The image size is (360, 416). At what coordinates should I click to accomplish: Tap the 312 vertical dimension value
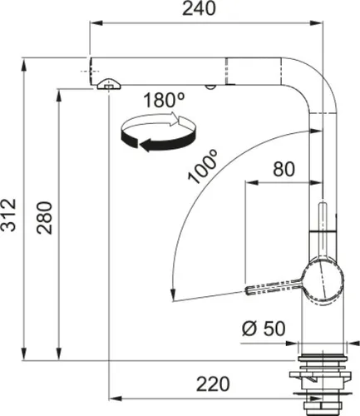pos(9,215)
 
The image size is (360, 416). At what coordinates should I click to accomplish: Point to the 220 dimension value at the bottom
pos(211,384)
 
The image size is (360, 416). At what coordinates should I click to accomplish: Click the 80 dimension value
pos(284,169)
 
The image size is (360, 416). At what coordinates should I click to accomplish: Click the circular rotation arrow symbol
pos(160,133)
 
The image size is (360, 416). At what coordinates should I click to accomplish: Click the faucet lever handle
pos(270,285)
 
